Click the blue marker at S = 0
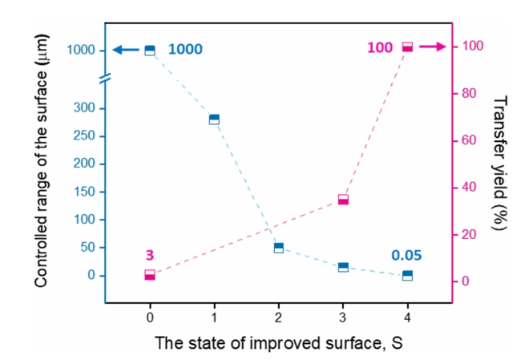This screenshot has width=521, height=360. pyautogui.click(x=150, y=51)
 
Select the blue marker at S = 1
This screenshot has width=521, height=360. pyautogui.click(x=214, y=119)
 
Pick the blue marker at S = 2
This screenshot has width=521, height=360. pyautogui.click(x=279, y=248)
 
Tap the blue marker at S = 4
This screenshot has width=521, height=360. pyautogui.click(x=407, y=275)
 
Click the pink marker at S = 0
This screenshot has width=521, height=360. pyautogui.click(x=150, y=275)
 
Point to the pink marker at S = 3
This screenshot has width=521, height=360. pyautogui.click(x=343, y=200)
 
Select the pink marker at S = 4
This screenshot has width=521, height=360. pyautogui.click(x=407, y=47)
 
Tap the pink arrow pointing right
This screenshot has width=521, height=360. pyautogui.click(x=431, y=47)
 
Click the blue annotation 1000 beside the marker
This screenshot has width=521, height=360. pyautogui.click(x=185, y=50)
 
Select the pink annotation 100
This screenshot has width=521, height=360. pyautogui.click(x=380, y=48)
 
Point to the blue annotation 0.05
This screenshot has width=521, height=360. pyautogui.click(x=406, y=256)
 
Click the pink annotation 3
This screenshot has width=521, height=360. pyautogui.click(x=149, y=256)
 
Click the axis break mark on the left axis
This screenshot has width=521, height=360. pyautogui.click(x=105, y=79)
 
